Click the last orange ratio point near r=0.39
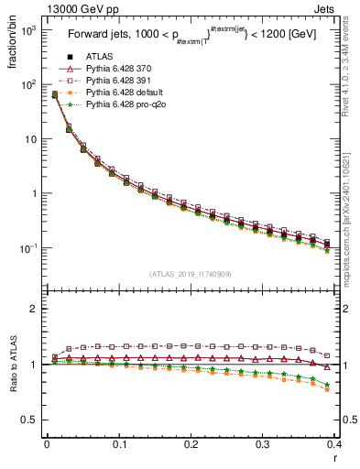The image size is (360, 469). coord(327,389)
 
